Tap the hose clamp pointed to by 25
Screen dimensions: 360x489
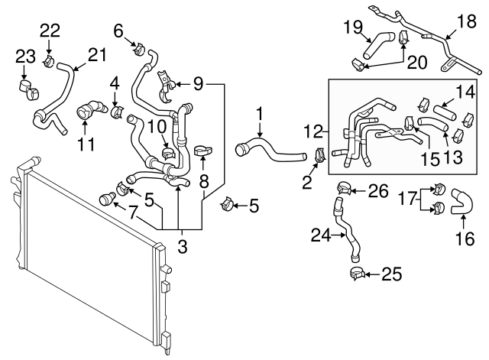(x=355, y=272)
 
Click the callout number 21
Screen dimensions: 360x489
(x=97, y=54)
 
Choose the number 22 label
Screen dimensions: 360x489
(x=49, y=30)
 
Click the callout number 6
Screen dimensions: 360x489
(x=118, y=31)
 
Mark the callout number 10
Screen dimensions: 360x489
(x=156, y=125)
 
